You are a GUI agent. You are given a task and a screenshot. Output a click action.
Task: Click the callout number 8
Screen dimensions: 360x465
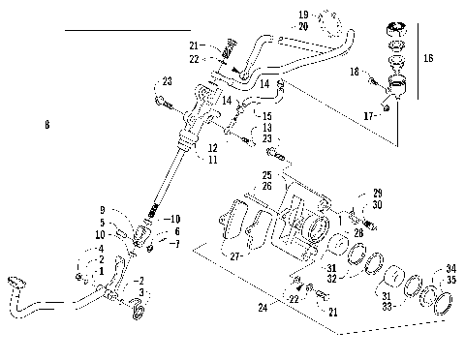[46, 125]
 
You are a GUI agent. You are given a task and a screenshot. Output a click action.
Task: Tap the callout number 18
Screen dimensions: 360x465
[356, 73]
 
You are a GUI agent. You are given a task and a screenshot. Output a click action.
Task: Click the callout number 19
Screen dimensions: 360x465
[302, 15]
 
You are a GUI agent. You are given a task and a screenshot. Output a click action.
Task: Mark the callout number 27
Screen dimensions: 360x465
[235, 256]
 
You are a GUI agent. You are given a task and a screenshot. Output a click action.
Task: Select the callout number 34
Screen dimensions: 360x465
[451, 270]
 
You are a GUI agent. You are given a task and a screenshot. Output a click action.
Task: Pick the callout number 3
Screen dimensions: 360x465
[142, 291]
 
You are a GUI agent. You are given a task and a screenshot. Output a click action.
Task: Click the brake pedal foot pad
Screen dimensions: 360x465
[15, 281]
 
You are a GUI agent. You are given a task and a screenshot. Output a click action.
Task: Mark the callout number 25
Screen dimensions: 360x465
[266, 175]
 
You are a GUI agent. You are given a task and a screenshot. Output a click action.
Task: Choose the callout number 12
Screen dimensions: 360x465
[211, 148]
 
